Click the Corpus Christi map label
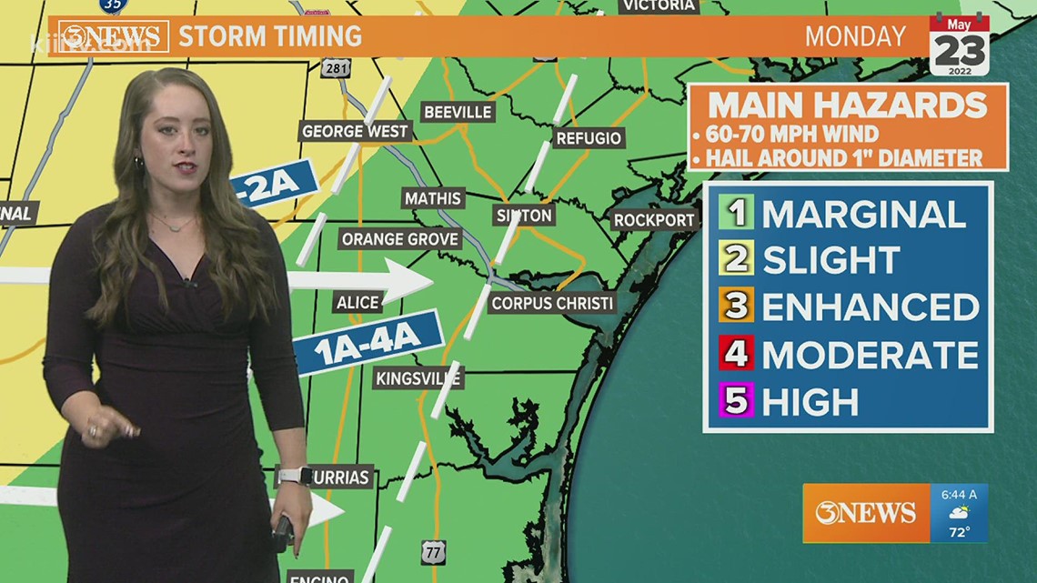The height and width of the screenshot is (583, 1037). [552, 304]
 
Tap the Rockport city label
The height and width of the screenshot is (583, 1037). [655, 220]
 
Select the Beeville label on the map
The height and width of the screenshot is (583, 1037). [458, 112]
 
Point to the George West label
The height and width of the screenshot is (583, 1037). [355, 132]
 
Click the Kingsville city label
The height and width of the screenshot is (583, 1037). [418, 378]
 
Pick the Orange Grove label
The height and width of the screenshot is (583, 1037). [400, 240]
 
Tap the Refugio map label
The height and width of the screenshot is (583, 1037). [589, 138]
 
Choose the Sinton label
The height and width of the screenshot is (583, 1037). [524, 216]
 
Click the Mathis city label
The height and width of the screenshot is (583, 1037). [433, 198]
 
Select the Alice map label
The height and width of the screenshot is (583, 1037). [357, 303]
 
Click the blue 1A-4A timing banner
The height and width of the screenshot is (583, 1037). [369, 340]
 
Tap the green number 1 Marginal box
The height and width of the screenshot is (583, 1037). [735, 214]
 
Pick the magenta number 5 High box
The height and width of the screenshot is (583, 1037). [735, 401]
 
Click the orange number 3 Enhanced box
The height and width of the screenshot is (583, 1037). [735, 307]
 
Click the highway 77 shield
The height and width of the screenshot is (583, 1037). [433, 551]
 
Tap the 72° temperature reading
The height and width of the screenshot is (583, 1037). [959, 531]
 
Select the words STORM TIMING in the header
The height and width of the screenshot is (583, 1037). [270, 36]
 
